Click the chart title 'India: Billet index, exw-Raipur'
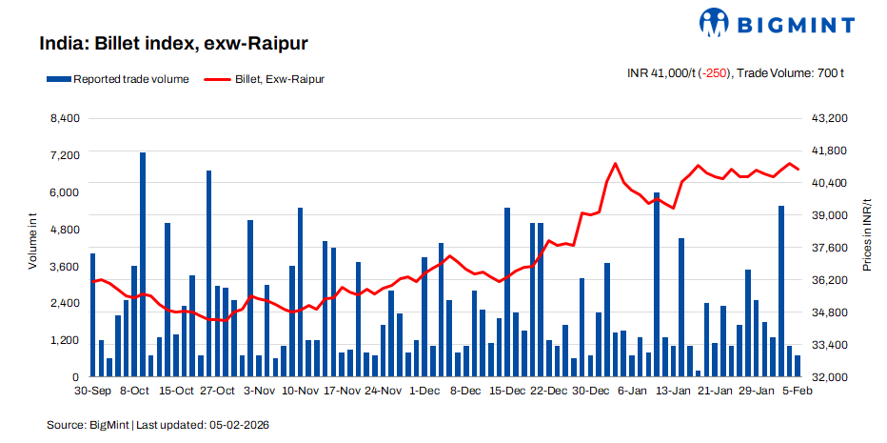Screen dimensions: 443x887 pos(172,44)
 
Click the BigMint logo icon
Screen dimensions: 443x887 pos(716,23)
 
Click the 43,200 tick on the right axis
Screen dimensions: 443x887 pos(826,118)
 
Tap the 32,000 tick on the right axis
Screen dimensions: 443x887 pos(826,377)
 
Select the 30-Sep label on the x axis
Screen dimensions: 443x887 pos(92,391)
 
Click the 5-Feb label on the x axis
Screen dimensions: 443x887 pos(797,391)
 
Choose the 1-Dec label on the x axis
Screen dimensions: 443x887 pos(424,391)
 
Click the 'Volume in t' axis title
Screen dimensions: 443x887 pos(32,244)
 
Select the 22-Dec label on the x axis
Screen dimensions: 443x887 pos(548,391)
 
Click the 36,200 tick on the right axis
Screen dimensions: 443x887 pos(826,280)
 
